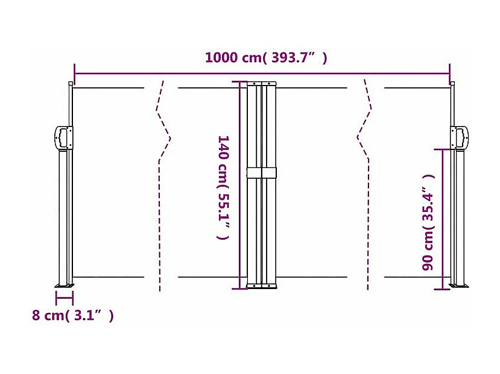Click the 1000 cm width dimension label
pyautogui.click(x=266, y=58)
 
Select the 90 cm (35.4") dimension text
pyautogui.click(x=429, y=222)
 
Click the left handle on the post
pyautogui.click(x=63, y=137)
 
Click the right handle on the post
pyautogui.click(x=460, y=137)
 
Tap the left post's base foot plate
pyautogui.click(x=65, y=284)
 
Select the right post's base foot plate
pyautogui.click(x=458, y=285)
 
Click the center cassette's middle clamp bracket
pyautogui.click(x=261, y=173)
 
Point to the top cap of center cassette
pyautogui.click(x=261, y=84)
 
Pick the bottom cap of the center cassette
pyautogui.click(x=261, y=286)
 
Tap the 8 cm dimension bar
pyautogui.click(x=64, y=297)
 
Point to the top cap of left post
pyautogui.click(x=71, y=84)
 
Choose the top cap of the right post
pyautogui.click(x=452, y=84)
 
